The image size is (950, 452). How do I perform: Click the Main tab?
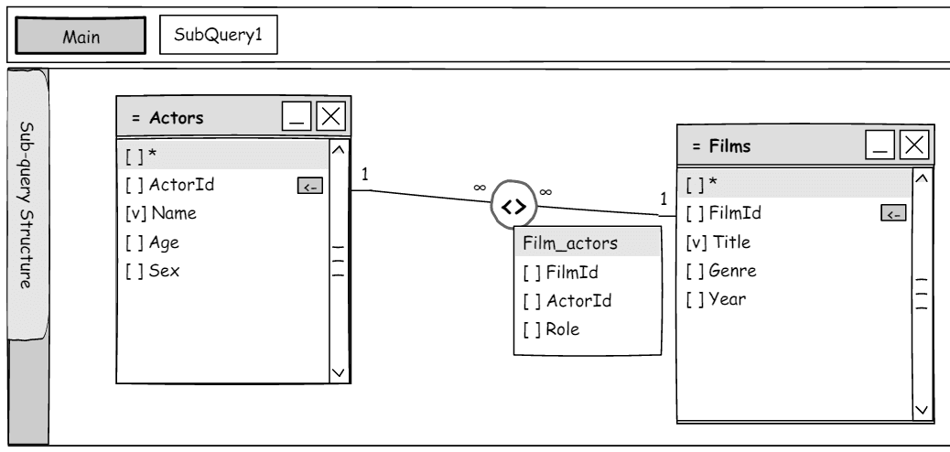coord(81,36)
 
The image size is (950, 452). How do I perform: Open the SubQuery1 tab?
coord(219,35)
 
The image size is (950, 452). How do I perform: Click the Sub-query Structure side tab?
coord(27,204)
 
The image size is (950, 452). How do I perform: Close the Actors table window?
coord(330,115)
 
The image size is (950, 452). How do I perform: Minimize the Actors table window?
coord(297,115)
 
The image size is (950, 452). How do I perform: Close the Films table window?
coord(914,145)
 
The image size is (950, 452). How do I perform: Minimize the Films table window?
coord(880,145)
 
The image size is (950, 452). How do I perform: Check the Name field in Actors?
coord(161,213)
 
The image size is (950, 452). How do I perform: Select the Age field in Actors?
coord(152,242)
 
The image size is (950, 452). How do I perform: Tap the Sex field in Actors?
coord(152,271)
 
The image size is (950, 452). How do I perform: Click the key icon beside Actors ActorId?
coord(310,186)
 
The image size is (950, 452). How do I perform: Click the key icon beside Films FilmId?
coord(893,212)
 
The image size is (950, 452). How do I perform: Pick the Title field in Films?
coord(718,242)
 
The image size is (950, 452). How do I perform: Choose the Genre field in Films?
coord(721,270)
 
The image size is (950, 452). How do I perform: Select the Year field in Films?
coord(716,298)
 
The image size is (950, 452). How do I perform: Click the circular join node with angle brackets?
coord(513,205)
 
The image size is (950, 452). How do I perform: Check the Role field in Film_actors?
coord(551,329)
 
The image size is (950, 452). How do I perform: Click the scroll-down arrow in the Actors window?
coord(339,372)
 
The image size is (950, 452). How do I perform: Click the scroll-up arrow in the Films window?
coord(922,178)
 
